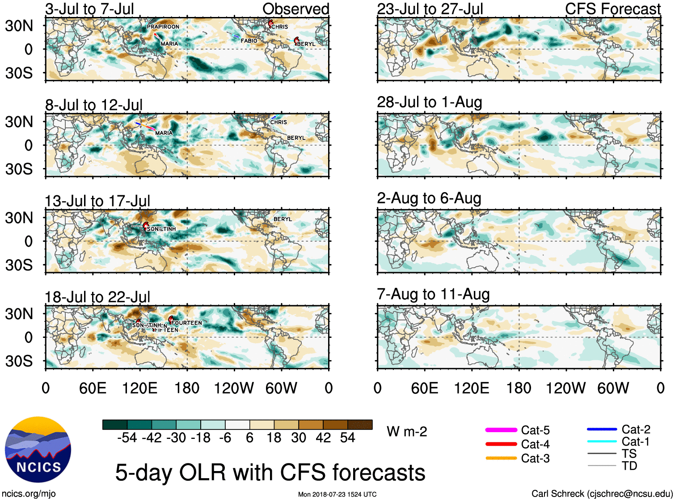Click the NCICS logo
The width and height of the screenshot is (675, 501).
coord(38,449)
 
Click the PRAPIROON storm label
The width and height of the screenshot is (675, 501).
coord(163,27)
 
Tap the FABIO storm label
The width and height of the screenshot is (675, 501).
coord(249,41)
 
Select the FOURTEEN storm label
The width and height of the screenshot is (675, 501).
coord(186,323)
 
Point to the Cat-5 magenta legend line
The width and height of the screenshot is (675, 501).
coord(501,430)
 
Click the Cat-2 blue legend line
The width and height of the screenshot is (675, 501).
coord(602,429)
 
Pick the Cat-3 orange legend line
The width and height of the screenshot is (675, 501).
coord(501,458)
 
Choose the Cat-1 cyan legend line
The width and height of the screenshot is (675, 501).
coord(602,442)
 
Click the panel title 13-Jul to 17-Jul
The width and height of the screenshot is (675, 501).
coord(97,201)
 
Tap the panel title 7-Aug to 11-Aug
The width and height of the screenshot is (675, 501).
coord(433,294)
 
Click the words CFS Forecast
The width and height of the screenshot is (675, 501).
coord(612,9)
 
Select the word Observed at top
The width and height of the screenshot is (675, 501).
coord(295,9)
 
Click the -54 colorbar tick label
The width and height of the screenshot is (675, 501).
coord(127,438)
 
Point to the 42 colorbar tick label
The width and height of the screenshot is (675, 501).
coord(323,438)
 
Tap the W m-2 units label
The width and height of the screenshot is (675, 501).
coord(407,432)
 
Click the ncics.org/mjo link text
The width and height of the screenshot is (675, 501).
coord(29,493)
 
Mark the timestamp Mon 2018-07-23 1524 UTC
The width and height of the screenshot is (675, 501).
coord(337,494)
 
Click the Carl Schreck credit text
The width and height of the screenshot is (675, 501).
coord(602,493)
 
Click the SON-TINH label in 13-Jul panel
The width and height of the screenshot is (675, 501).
coord(161,229)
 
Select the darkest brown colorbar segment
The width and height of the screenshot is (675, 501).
coord(360,425)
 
